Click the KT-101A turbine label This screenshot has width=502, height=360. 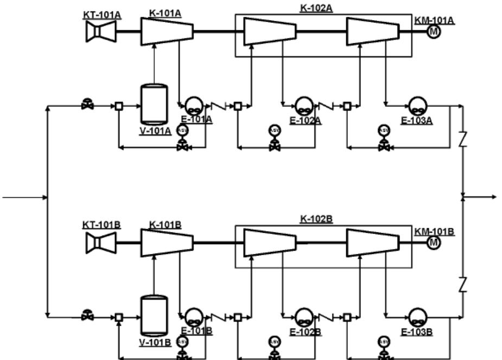[101, 15]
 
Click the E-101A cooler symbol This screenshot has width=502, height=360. [193, 105]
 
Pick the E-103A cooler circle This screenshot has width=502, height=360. [417, 105]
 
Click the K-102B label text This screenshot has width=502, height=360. [316, 219]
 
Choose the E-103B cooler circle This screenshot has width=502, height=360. [417, 316]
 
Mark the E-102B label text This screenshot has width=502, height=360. [306, 332]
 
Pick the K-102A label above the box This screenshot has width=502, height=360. [316, 8]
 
